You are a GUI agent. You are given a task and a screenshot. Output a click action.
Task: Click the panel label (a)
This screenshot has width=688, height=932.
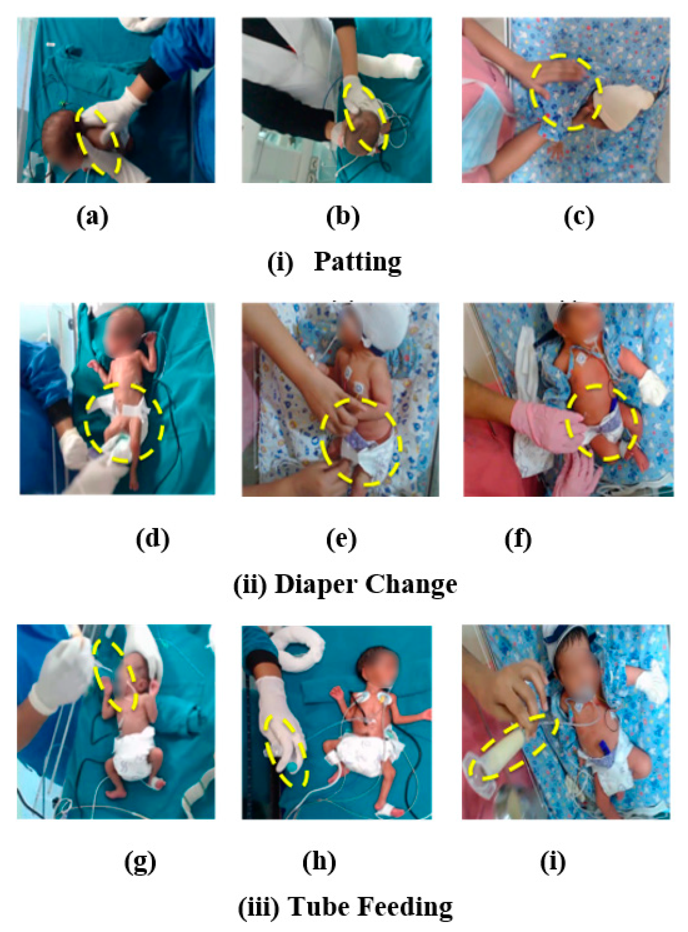[92, 217]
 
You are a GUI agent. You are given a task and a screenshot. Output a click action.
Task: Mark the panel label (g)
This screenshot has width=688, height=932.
[140, 862]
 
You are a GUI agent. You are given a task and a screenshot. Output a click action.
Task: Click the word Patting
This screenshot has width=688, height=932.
[357, 262]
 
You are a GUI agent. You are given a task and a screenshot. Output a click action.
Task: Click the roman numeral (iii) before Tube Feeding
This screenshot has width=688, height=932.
[259, 907]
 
